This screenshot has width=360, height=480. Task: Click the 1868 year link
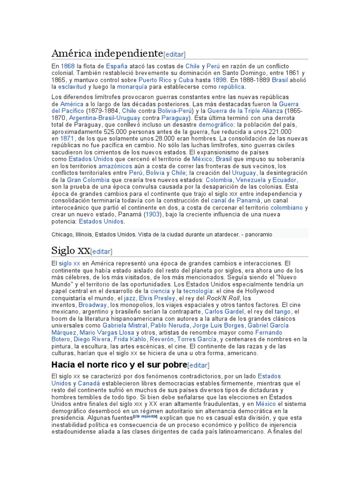pyautogui.click(x=67, y=66)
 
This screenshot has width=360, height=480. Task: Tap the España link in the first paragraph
pyautogui.click(x=117, y=66)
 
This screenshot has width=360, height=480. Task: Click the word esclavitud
pyautogui.click(x=72, y=87)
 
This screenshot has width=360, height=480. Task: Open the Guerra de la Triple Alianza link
pyautogui.click(x=245, y=111)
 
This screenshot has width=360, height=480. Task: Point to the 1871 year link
pyautogui.click(x=67, y=139)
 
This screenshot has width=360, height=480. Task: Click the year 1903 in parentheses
pyautogui.click(x=152, y=214)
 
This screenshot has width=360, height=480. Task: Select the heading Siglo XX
pyautogui.click(x=70, y=250)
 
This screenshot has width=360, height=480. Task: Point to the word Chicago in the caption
pyautogui.click(x=62, y=234)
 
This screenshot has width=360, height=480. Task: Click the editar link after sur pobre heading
pyautogui.click(x=198, y=365)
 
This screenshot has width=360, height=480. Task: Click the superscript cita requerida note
pyautogui.click(x=145, y=416)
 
